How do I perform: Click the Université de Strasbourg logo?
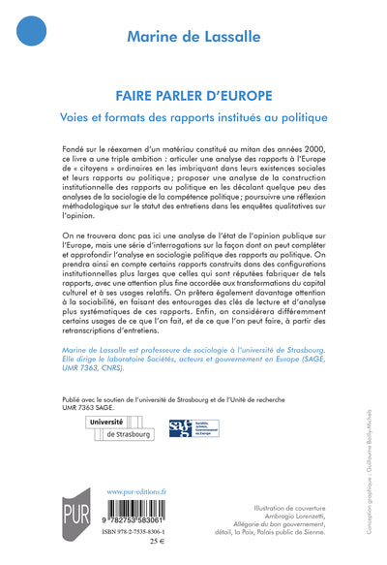120,429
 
